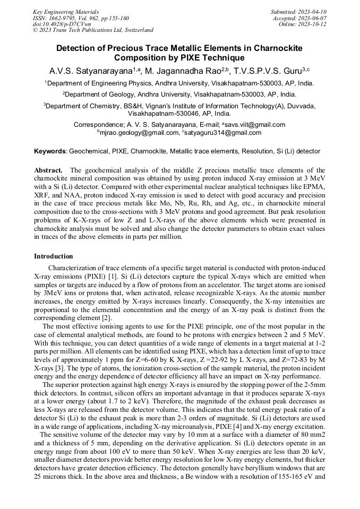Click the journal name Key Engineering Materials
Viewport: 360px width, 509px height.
(x=65, y=11)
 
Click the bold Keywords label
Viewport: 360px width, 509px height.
(x=50, y=151)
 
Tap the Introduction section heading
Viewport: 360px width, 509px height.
(x=54, y=256)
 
